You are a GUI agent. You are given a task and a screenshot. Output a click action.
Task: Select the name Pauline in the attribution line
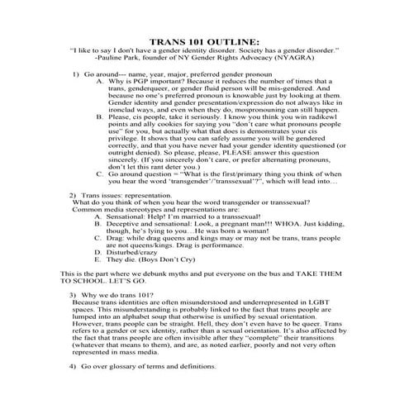point(120,59)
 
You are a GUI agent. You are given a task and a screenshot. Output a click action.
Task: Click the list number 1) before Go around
point(74,74)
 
